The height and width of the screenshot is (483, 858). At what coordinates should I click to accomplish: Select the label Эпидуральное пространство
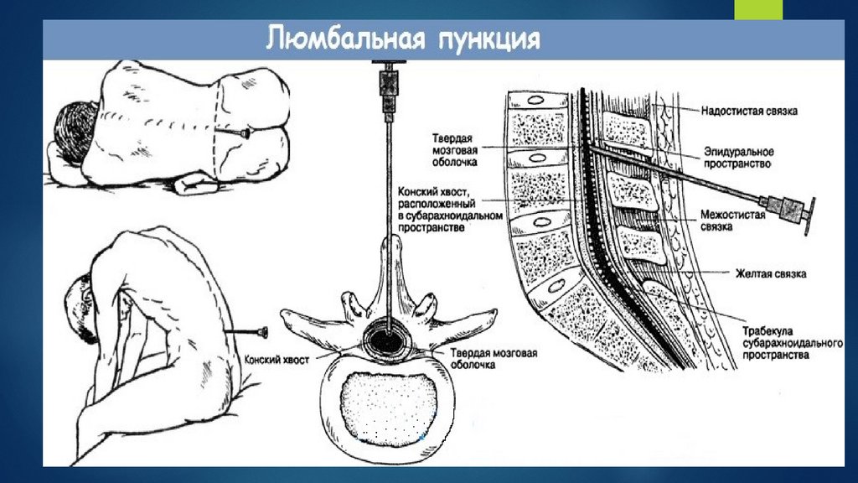tap(737, 158)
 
